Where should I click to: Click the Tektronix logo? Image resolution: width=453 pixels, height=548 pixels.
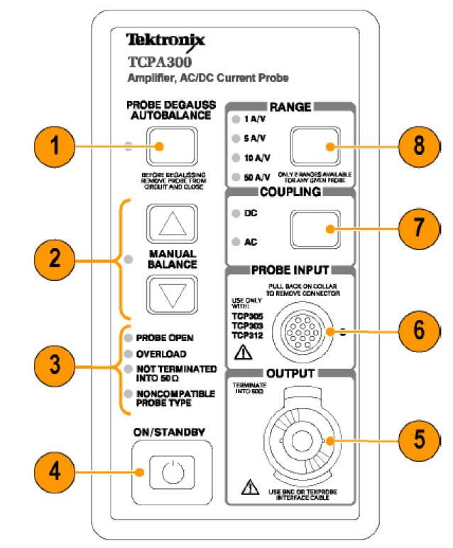pyautogui.click(x=165, y=40)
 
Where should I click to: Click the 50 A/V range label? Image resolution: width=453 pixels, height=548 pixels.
pyautogui.click(x=258, y=176)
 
